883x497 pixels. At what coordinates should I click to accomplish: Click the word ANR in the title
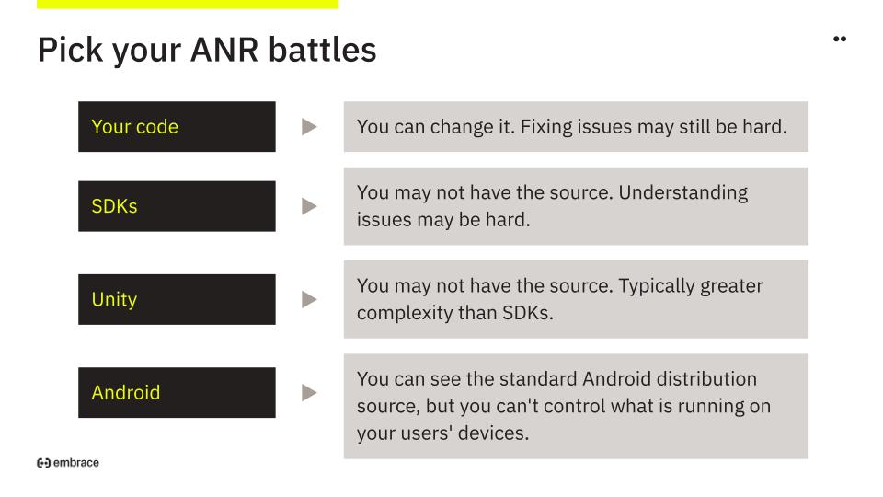(224, 50)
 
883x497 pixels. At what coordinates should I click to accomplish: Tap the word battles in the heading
(322, 50)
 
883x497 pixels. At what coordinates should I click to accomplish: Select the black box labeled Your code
(177, 126)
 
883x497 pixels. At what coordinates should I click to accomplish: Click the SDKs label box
(177, 206)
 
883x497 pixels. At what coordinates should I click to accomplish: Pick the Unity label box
(177, 299)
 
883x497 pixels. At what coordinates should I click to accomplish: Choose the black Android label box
(177, 393)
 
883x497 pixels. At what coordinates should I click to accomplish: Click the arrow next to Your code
(309, 127)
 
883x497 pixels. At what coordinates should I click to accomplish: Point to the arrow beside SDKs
(309, 206)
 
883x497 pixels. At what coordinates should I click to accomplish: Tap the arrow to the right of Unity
(309, 299)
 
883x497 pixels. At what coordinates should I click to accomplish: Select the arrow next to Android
(309, 393)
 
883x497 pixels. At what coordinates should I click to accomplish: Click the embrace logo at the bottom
(68, 463)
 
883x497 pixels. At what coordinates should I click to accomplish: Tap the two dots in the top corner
(840, 39)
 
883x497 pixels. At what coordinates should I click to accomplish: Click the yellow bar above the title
(188, 4)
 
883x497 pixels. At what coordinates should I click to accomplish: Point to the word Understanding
(683, 193)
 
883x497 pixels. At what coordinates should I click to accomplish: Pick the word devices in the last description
(493, 433)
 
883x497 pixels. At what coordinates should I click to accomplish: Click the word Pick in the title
(71, 50)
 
